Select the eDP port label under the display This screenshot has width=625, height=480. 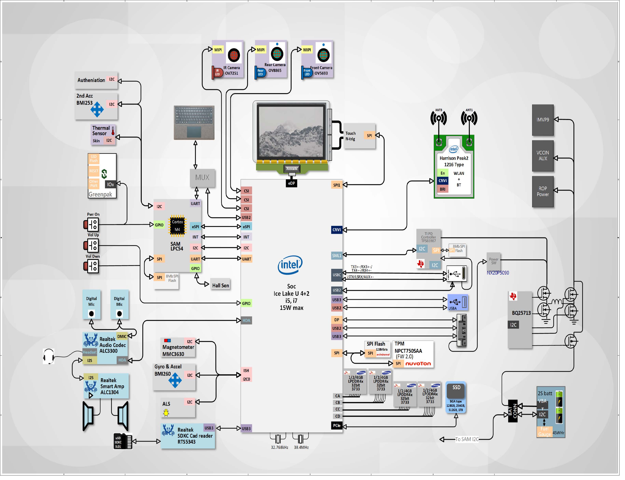click(291, 183)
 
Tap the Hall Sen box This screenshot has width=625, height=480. click(220, 285)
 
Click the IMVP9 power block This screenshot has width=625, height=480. click(543, 120)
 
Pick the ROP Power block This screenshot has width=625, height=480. click(543, 191)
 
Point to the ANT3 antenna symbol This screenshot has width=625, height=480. click(438, 118)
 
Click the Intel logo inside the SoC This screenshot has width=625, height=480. click(290, 265)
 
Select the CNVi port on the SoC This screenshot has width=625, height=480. click(337, 230)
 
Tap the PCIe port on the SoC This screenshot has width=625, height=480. click(337, 426)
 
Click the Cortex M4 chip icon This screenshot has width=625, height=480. click(177, 226)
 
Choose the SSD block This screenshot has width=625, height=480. click(456, 397)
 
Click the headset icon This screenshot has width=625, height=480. click(49, 356)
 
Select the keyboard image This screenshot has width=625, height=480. click(194, 123)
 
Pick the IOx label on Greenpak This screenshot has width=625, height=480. click(110, 184)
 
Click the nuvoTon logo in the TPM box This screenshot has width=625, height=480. click(418, 364)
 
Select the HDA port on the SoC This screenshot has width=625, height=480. click(246, 321)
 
